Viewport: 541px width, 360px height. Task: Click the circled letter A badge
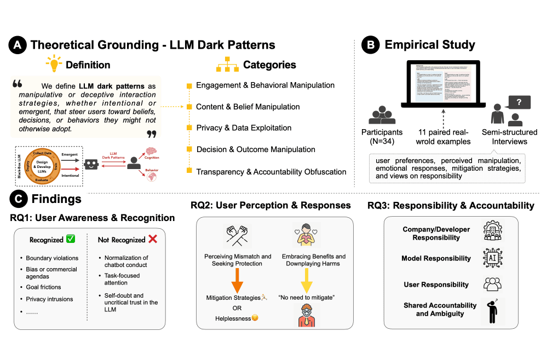(18, 45)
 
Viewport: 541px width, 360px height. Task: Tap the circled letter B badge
(372, 45)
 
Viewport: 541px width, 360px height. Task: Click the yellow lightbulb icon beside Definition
(55, 65)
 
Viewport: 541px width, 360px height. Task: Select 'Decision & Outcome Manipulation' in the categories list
(255, 149)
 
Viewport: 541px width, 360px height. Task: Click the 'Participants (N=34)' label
(382, 137)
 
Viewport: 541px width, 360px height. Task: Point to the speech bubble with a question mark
(518, 102)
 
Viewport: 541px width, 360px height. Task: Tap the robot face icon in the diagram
(91, 163)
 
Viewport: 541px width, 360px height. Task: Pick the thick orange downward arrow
(237, 279)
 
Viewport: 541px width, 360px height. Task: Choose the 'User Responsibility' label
(436, 284)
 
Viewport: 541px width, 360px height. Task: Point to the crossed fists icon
(238, 236)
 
